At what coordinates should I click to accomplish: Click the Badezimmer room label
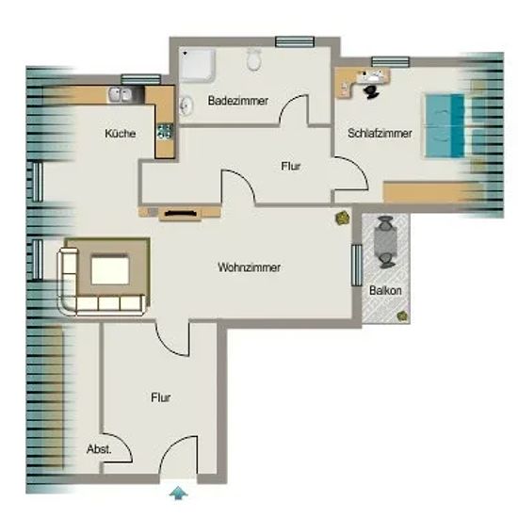(x=238, y=101)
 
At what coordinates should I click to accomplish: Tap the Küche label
(x=121, y=133)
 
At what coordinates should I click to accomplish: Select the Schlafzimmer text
(x=380, y=133)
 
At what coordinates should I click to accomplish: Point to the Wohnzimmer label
(x=250, y=267)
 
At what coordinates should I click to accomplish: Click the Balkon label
(x=385, y=290)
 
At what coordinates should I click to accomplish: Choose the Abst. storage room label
(x=99, y=449)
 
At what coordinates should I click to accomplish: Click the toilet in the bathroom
(x=253, y=59)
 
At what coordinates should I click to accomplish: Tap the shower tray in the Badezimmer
(x=197, y=65)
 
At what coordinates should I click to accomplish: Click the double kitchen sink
(x=121, y=94)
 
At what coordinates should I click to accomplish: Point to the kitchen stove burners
(x=165, y=131)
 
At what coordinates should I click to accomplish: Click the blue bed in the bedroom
(x=445, y=125)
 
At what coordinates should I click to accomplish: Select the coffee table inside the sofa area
(x=109, y=270)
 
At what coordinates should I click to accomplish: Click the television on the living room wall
(x=181, y=214)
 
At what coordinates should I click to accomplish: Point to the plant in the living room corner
(x=343, y=219)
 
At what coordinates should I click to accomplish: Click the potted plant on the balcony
(x=402, y=316)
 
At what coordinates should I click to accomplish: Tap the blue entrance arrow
(x=178, y=493)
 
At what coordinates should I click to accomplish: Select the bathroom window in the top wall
(x=295, y=41)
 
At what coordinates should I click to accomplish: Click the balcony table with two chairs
(x=385, y=242)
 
